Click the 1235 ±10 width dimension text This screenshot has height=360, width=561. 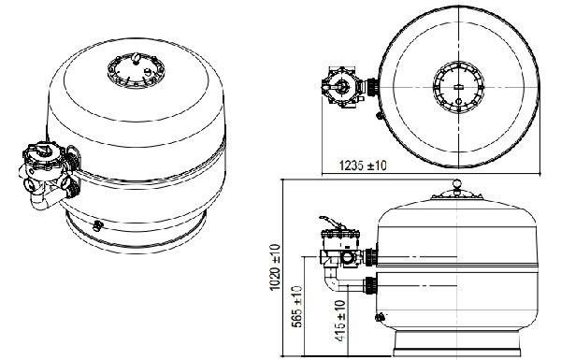pos(363,166)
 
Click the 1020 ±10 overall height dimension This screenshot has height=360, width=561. pos(275,266)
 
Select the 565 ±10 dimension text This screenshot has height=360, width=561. pos(297,307)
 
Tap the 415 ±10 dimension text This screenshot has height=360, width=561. pos(341,321)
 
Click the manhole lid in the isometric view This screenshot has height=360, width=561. pos(136,70)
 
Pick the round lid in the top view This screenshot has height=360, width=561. pos(458,87)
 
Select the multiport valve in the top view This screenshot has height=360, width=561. pos(343,87)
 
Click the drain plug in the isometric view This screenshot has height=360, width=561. pos(97,225)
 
